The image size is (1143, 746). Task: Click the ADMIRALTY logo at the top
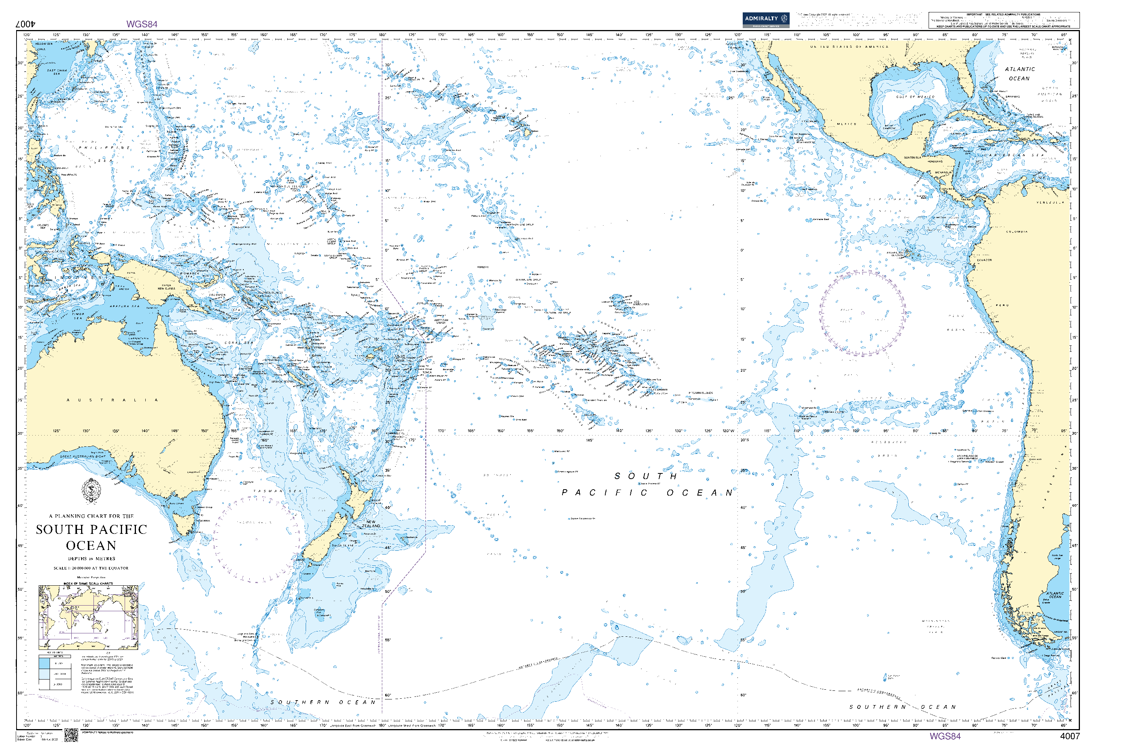point(766,20)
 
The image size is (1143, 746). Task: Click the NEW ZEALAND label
point(370,524)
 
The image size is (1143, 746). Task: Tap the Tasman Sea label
point(277,491)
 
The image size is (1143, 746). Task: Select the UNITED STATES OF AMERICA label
point(849,47)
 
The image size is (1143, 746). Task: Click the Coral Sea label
point(239,343)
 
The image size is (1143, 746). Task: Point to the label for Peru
point(1002,305)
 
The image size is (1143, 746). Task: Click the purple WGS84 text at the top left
point(142,24)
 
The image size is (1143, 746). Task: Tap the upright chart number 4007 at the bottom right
point(1069,736)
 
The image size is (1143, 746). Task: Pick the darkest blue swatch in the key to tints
point(44,663)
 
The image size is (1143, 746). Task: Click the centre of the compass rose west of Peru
point(863,313)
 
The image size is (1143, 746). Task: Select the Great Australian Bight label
point(83,457)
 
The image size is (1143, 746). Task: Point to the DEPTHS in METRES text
point(91,558)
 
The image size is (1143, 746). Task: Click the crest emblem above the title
point(91,491)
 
